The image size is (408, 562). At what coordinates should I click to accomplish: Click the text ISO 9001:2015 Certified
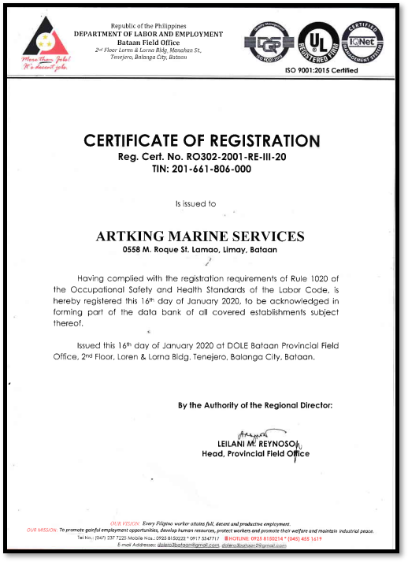coord(321,71)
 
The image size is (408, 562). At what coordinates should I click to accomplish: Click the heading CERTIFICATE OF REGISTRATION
coord(202,141)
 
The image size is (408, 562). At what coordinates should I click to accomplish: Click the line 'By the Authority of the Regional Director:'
coord(255,405)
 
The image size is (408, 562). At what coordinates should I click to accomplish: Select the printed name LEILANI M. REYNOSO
coord(257,445)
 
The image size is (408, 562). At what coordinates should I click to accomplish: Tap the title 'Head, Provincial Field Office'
coord(255,455)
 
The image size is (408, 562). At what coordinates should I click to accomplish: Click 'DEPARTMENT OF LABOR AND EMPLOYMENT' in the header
coord(148,34)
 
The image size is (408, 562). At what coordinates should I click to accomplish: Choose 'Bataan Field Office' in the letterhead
coord(148,42)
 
